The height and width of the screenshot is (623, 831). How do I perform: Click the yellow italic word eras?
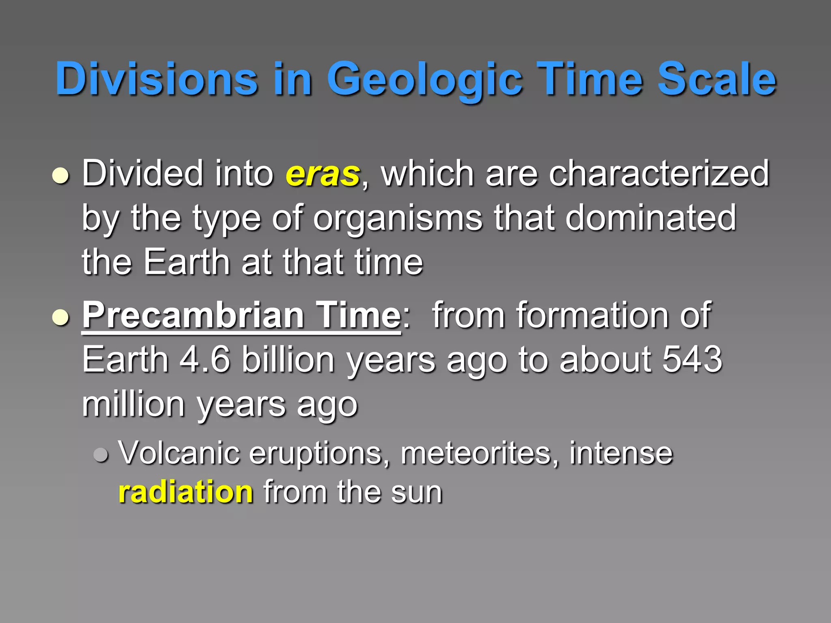323,174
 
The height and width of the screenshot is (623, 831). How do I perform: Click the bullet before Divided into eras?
61,176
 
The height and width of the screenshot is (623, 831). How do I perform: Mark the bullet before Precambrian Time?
61,317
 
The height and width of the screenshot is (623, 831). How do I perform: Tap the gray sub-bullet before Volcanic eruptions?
101,455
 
